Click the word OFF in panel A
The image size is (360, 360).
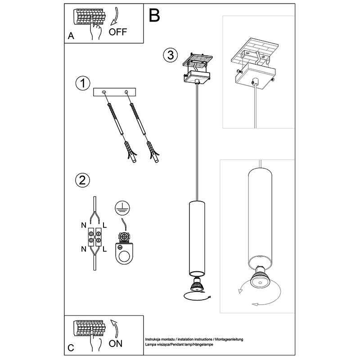118,31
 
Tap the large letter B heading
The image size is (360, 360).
154,15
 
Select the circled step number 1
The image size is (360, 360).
83,83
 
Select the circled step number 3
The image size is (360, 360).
169,55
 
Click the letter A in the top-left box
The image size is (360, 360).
71,36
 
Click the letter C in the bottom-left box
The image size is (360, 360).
71,348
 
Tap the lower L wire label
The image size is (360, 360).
104,248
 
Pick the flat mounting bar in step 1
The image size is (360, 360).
115,92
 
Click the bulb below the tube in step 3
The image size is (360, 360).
196,284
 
